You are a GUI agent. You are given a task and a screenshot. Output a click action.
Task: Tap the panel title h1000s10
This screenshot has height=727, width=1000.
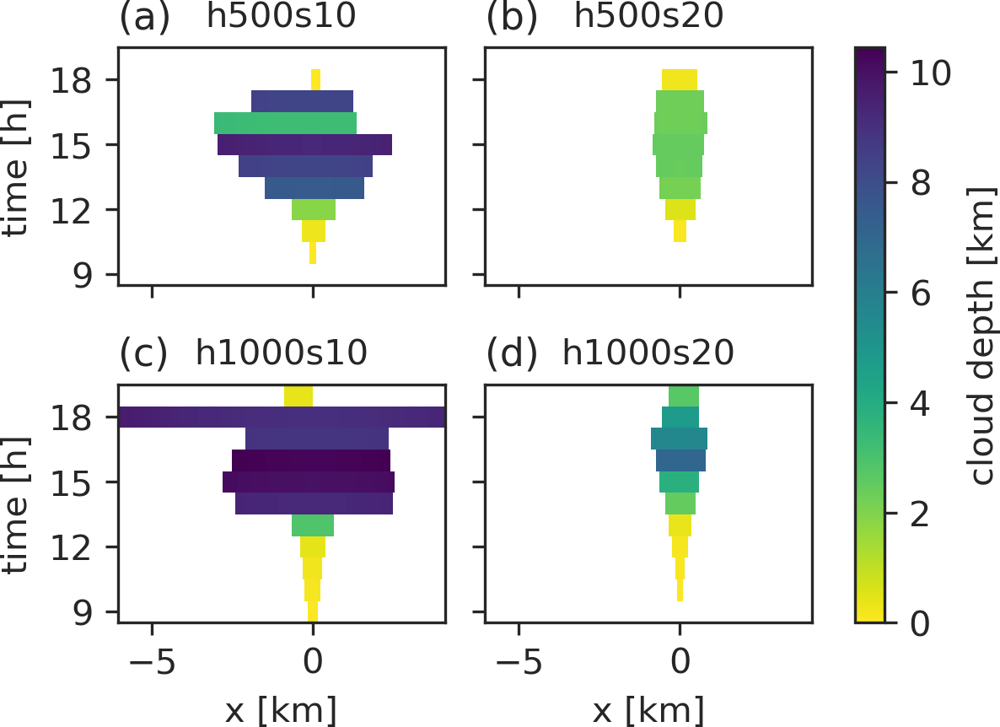(281, 353)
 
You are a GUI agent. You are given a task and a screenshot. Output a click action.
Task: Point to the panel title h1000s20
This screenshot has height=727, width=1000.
(648, 353)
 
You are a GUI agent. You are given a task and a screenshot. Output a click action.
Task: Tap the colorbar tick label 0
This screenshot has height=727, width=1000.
(920, 622)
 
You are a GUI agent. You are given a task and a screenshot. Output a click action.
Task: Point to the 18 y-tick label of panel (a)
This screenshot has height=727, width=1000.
(83, 80)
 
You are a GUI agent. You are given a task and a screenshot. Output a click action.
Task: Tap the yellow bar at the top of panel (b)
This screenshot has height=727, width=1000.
(680, 79)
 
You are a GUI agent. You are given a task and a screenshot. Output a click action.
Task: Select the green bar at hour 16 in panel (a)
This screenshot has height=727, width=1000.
(285, 123)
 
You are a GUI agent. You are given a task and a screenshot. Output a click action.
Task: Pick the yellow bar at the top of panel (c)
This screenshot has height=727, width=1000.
(298, 395)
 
